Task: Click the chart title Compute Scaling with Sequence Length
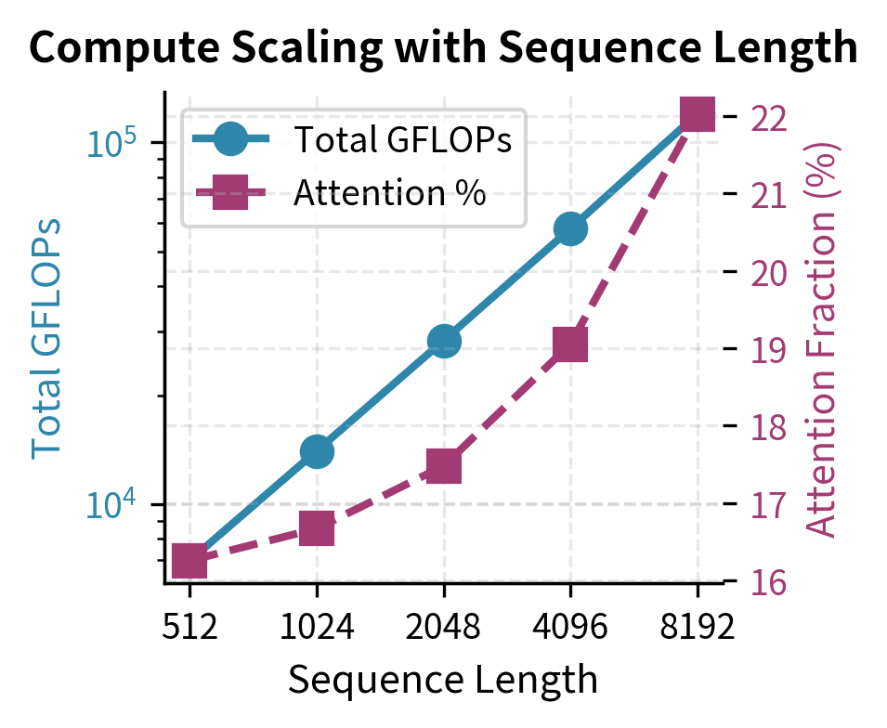point(443,46)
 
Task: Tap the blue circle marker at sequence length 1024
point(317,452)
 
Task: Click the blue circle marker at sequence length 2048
point(444,341)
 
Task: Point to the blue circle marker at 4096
point(570,228)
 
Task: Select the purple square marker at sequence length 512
point(189,561)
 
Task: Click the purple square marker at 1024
point(317,530)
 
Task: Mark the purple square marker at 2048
point(444,467)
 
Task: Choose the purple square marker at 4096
point(570,344)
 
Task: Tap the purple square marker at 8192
point(698,115)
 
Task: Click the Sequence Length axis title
point(443,681)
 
